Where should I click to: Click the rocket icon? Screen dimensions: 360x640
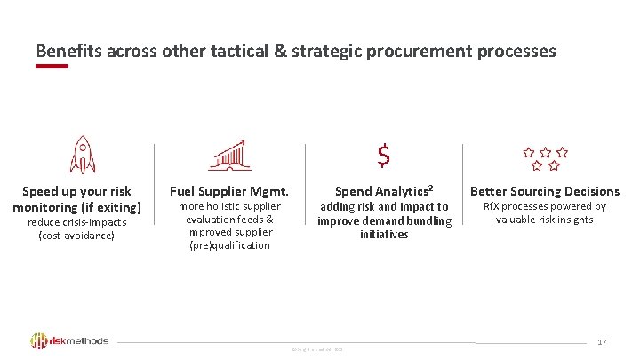pos(82,155)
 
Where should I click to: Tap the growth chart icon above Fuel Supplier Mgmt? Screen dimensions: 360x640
pos(230,155)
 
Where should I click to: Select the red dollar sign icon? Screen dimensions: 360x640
pos(383,156)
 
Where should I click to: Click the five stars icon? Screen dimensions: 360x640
pos(544,158)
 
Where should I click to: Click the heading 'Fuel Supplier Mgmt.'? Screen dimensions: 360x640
pos(229,191)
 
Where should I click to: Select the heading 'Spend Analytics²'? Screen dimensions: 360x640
pos(384,191)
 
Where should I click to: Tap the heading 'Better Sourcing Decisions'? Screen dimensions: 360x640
pos(544,191)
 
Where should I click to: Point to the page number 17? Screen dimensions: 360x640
pos(602,342)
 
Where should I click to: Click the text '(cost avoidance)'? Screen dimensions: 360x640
pos(76,236)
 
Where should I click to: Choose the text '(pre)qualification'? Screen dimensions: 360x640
pos(229,245)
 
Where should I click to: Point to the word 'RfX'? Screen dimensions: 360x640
pos(492,206)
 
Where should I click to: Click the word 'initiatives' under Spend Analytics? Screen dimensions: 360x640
pos(384,235)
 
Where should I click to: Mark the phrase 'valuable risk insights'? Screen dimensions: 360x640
pos(544,220)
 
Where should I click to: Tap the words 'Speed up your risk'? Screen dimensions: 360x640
pos(76,191)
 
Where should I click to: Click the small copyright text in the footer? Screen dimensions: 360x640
pos(317,348)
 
